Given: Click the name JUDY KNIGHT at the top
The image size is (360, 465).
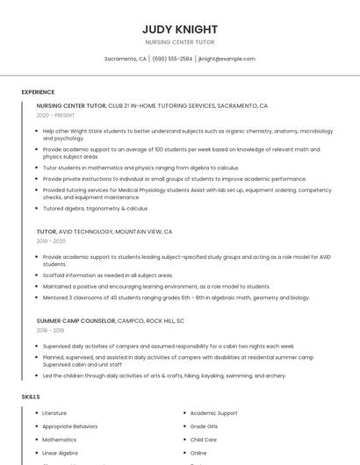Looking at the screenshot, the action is pos(179,29).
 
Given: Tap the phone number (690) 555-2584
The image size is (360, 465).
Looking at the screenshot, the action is pos(172,59).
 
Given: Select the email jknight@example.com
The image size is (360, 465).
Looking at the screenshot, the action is pos(227,59).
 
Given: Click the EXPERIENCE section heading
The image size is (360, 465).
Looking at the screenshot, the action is pos(38,92).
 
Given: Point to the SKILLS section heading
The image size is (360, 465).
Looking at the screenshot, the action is pos(31,397).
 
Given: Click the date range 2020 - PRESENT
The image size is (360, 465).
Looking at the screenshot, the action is pos(55,115).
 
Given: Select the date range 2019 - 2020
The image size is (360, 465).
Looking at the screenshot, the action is pos(51,240).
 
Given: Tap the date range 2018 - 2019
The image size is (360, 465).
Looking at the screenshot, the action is pos(51,330).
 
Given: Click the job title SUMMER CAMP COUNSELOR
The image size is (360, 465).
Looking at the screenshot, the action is pos(76,321).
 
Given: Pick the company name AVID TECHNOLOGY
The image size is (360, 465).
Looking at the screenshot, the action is pos(85,232).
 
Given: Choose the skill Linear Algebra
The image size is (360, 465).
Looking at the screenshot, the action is pos(60,453).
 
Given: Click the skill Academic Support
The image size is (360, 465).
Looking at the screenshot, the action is pos(213,413).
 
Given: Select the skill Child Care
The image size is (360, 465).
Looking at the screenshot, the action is pos(203,440).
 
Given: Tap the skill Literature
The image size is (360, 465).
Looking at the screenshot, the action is pos(54,413).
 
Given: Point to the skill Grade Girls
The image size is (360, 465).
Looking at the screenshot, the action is pos(204,426).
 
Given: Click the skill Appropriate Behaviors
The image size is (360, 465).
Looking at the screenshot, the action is pos(70,426).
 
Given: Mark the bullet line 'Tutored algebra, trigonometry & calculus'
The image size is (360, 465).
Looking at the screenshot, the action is pos(95,209).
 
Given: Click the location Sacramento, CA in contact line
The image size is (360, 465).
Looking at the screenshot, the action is pos(125,59).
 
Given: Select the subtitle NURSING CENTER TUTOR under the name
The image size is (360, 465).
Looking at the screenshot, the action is pos(179,42).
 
